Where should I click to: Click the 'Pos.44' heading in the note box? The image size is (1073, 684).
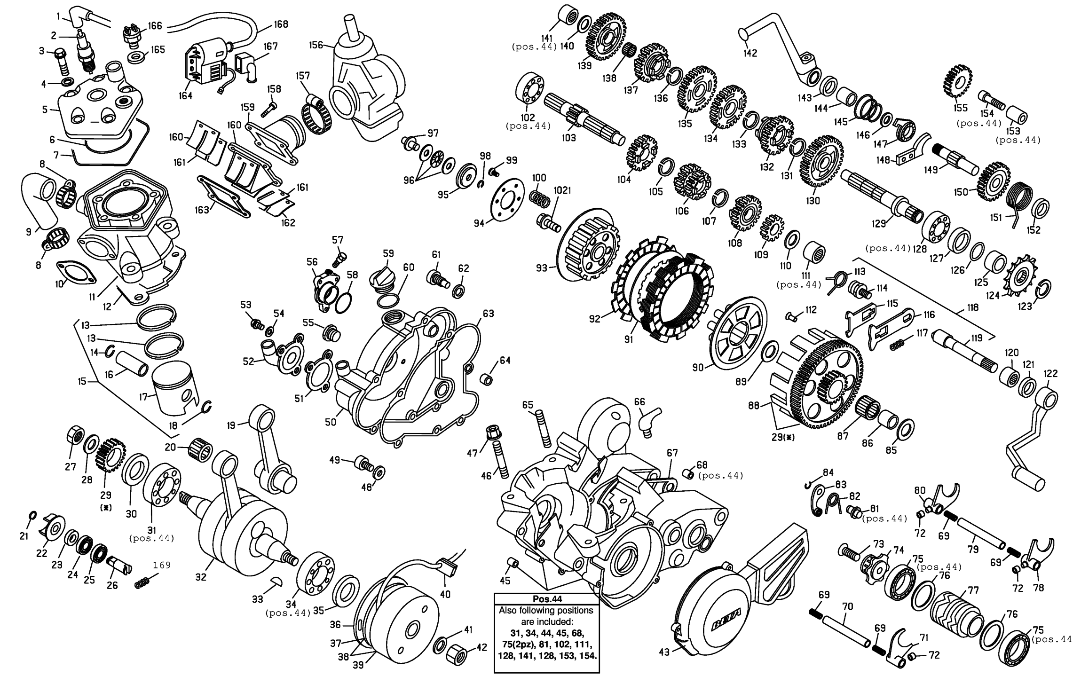click(547, 599)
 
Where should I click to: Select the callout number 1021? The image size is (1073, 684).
click(562, 190)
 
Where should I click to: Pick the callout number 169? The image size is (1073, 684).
click(161, 565)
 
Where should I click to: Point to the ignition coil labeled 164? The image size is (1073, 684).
click(207, 63)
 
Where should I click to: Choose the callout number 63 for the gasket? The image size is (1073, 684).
click(488, 313)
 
